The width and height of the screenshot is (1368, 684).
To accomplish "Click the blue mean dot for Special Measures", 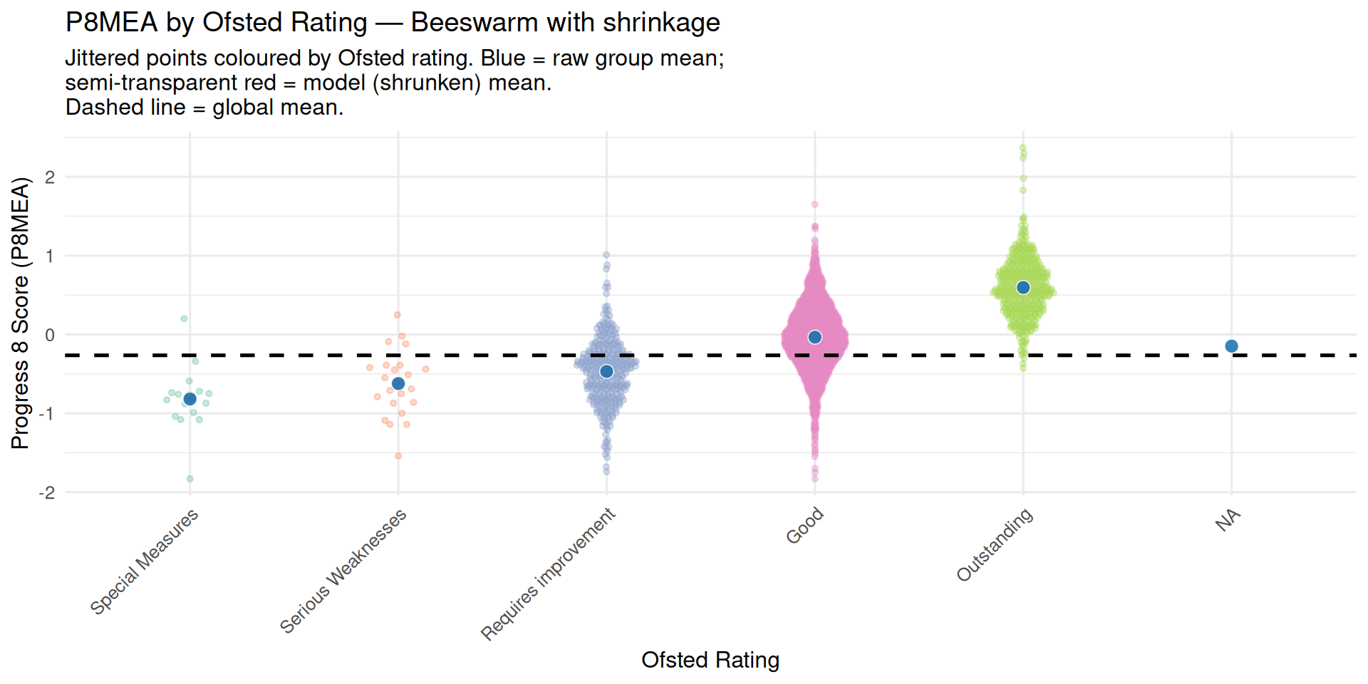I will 190,399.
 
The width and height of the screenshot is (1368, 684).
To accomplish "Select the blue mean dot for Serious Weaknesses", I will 398,384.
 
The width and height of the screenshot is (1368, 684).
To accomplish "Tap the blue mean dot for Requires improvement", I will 606,371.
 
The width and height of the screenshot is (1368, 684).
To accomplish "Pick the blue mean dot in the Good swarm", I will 815,337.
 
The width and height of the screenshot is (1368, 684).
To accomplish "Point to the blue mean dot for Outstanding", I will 1023,288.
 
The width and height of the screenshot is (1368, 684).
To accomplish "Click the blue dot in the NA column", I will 1231,346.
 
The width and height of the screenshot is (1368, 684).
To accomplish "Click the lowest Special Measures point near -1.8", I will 190,479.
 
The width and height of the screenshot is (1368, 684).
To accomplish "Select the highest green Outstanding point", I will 1023,148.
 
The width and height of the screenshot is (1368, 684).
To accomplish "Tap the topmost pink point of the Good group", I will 814,204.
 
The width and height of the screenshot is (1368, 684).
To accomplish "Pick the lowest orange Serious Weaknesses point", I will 398,456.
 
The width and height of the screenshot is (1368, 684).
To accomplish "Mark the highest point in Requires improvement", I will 606,254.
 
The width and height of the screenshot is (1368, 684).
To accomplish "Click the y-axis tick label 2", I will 50,177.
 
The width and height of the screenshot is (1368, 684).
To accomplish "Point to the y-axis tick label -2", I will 47,493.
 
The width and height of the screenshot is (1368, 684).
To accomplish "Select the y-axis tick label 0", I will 50,335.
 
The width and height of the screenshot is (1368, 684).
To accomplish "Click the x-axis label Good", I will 805,526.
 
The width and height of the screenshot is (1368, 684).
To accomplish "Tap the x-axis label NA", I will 1228,522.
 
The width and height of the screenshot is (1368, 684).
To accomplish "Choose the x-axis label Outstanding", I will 995,545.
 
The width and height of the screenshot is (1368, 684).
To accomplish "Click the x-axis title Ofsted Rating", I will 710,660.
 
